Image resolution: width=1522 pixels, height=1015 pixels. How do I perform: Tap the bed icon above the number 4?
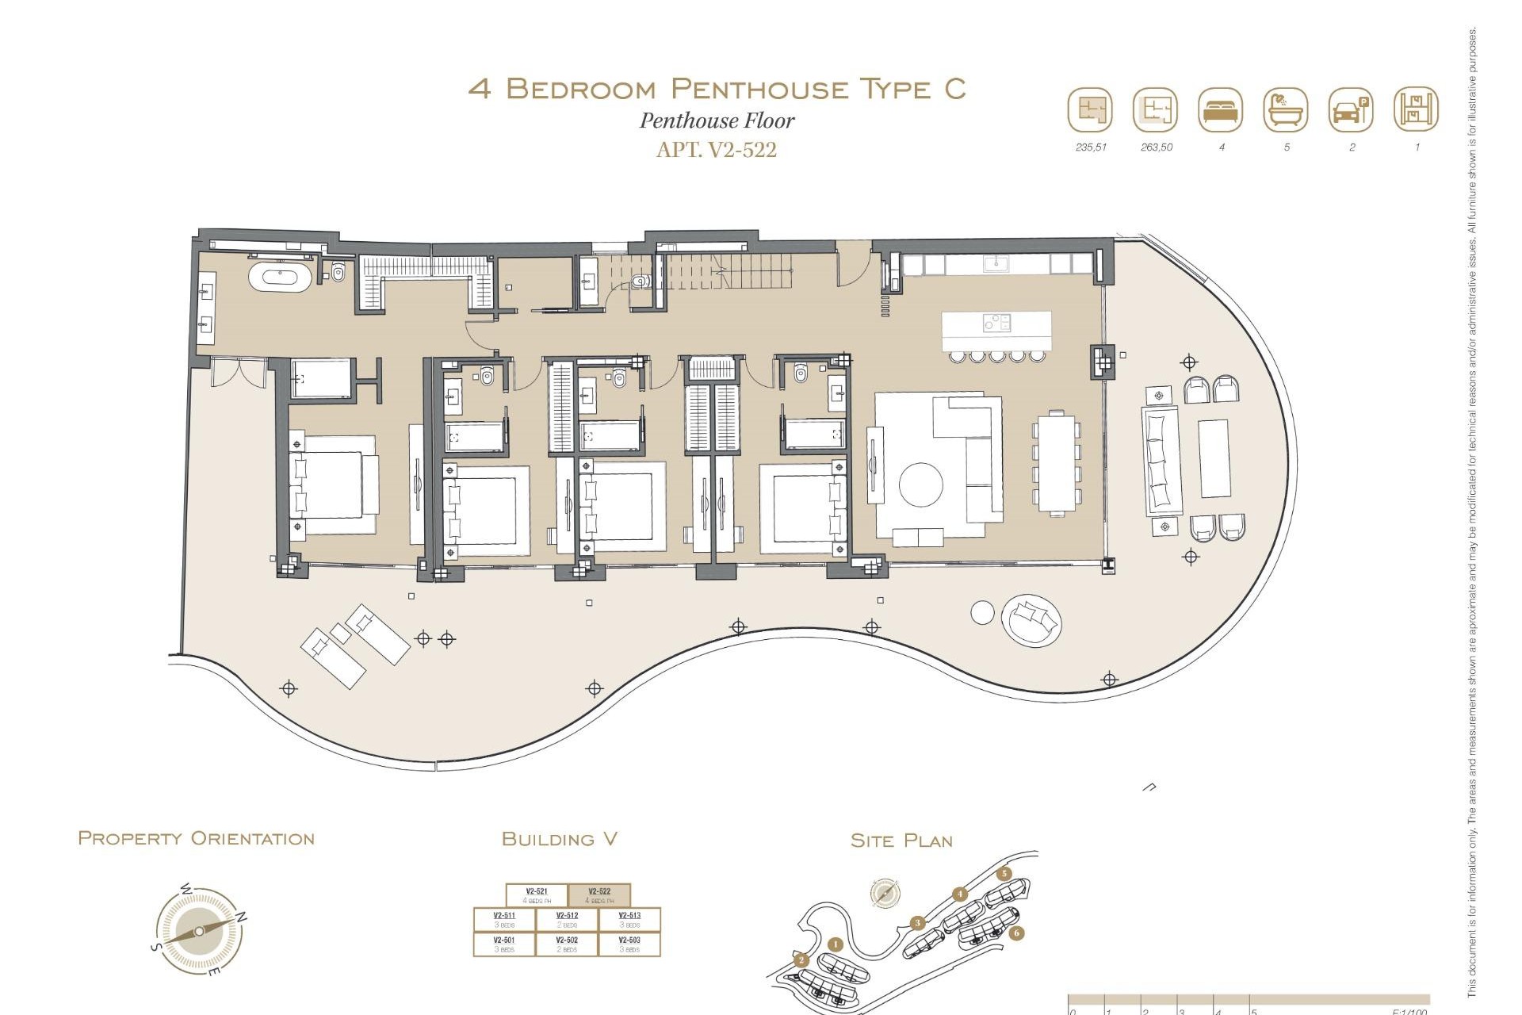1221,110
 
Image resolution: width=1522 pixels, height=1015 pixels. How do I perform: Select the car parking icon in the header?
1351,110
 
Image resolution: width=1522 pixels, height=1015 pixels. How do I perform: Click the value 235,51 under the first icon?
1091,147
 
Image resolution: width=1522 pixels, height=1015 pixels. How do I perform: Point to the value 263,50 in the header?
1156,147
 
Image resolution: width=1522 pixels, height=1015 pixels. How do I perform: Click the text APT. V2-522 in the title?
716,150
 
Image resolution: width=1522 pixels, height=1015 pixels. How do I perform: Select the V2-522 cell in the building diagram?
599,895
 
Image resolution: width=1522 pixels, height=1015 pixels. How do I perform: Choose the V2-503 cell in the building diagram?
629,944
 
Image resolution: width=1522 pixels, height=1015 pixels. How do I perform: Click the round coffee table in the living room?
921,484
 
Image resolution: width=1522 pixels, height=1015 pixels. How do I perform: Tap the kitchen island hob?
996,322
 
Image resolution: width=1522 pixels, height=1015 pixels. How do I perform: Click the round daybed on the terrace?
1031,619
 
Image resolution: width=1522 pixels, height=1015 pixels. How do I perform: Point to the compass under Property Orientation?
199,931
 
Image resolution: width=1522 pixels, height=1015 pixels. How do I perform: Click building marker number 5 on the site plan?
1004,874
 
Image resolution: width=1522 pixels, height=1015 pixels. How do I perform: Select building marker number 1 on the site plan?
835,944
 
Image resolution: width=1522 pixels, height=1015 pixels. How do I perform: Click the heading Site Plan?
901,841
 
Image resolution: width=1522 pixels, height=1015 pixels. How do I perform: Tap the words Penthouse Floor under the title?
717,121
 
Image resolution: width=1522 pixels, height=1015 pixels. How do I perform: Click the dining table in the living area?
1057,463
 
